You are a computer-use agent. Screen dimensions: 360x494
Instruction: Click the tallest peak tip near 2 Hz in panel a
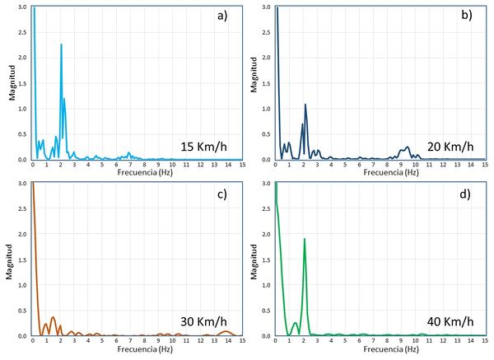click(x=61, y=44)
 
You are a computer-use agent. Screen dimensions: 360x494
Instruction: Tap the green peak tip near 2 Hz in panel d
click(x=305, y=239)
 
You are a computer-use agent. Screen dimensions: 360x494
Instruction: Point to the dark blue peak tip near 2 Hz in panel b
click(x=305, y=105)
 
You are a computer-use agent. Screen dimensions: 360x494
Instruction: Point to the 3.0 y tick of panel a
click(x=25, y=7)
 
